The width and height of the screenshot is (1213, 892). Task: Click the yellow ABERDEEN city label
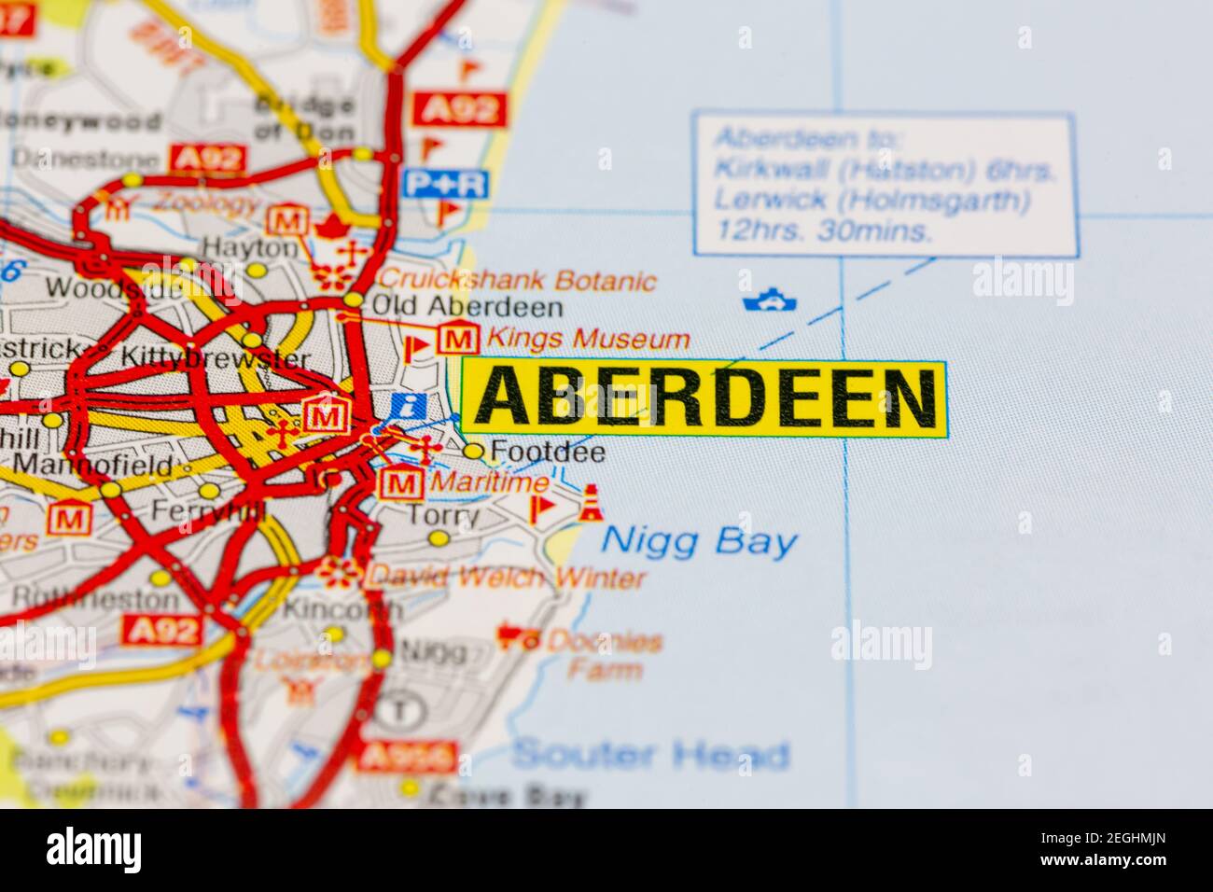click(x=704, y=398)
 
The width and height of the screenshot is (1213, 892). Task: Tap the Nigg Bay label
click(x=700, y=541)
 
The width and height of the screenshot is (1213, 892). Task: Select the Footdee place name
click(x=547, y=453)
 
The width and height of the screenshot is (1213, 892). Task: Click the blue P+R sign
click(x=446, y=184)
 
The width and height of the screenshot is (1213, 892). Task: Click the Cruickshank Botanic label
click(x=518, y=279)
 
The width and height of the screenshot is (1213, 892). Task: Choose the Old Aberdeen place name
click(x=467, y=307)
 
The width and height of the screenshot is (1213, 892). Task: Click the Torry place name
click(x=444, y=515)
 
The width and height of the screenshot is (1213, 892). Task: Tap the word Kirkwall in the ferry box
click(x=756, y=170)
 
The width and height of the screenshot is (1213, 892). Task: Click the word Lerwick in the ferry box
click(x=757, y=200)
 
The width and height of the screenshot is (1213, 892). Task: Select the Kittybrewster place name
click(x=216, y=357)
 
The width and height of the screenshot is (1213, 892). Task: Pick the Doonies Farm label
click(x=604, y=654)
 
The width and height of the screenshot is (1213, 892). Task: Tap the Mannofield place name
click(x=93, y=464)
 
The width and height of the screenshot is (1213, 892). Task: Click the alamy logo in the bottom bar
click(x=94, y=850)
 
